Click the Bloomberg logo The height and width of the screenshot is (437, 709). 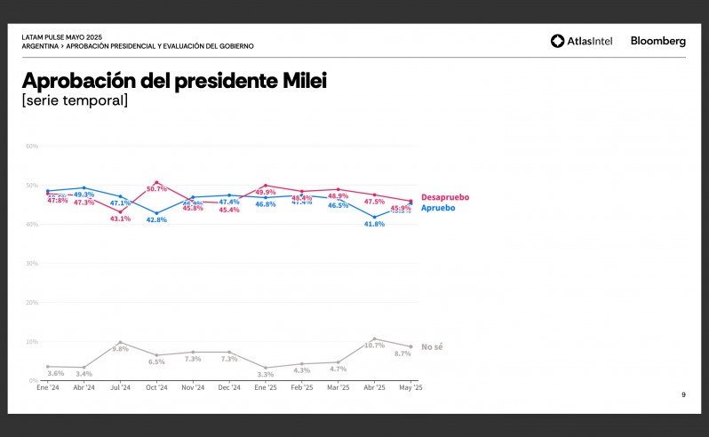coord(657,41)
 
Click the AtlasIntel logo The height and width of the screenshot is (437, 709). coord(585,41)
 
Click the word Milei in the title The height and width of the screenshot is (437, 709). coord(302,81)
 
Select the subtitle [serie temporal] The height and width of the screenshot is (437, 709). coord(75,101)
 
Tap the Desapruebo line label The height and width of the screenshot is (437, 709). coord(445,197)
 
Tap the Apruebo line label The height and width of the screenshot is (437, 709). coord(438,208)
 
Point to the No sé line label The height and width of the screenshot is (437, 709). coord(432,346)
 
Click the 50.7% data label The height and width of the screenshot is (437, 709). coord(156,189)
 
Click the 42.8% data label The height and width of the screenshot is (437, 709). coord(156,220)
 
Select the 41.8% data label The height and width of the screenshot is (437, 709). coord(375,224)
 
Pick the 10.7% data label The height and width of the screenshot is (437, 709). coord(375,346)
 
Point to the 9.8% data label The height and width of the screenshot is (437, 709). coord(120,349)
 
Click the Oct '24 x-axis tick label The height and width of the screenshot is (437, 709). coord(156,388)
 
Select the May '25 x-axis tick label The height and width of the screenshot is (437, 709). coord(410,388)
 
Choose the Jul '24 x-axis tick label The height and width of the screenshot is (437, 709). coord(120,388)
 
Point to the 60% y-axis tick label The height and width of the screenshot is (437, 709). coord(32,146)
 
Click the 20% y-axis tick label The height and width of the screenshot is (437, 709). coord(32,302)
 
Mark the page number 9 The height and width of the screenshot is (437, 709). coord(683,394)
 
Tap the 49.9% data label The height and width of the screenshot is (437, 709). coord(266,192)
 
